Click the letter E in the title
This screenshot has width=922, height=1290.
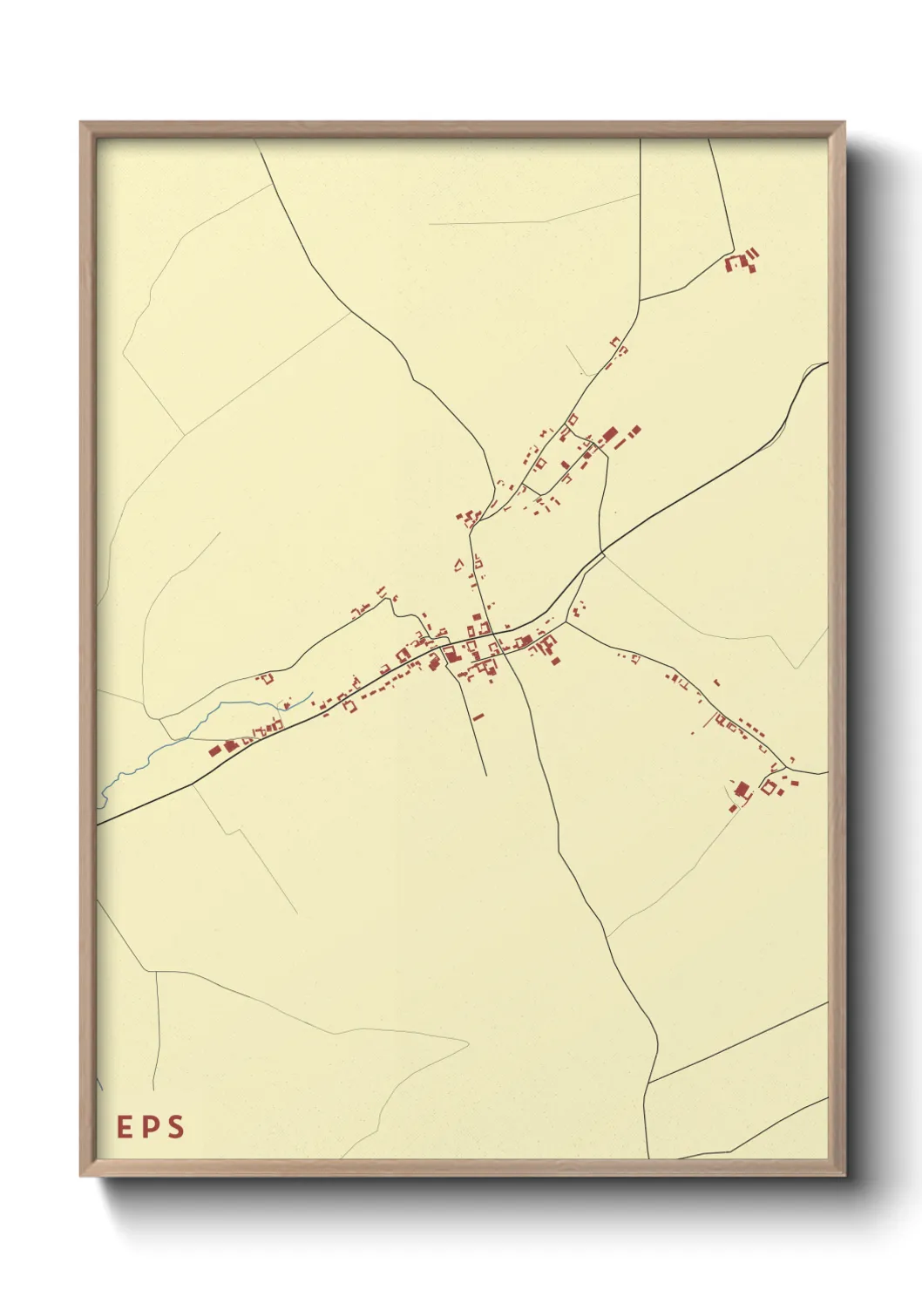(x=125, y=1127)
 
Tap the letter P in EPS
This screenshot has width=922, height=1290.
(x=151, y=1127)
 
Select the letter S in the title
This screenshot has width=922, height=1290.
(x=176, y=1127)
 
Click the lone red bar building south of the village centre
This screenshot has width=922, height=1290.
(x=478, y=716)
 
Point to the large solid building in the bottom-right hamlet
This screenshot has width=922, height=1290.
(x=742, y=790)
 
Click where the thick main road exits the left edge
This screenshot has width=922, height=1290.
(x=98, y=822)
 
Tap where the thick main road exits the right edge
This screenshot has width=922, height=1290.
(x=826, y=363)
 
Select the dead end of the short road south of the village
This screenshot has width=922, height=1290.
(x=485, y=775)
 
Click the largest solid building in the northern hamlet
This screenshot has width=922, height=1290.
(x=609, y=433)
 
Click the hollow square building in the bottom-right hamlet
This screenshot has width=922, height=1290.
(x=769, y=788)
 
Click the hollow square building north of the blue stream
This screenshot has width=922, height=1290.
(x=268, y=677)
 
